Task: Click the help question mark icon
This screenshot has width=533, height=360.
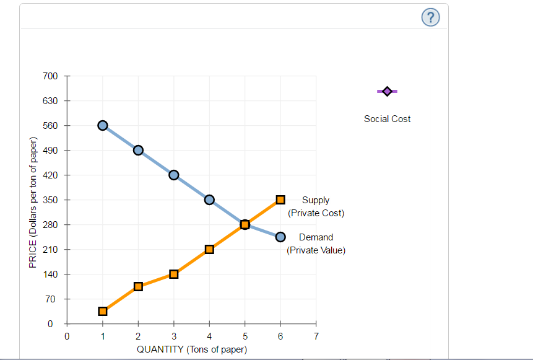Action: (x=431, y=19)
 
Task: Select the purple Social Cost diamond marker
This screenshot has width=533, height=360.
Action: (x=387, y=91)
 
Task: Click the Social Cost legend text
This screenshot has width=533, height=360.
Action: (x=387, y=119)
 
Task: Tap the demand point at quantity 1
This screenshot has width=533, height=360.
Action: (x=103, y=125)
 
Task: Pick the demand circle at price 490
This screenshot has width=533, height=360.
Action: (x=138, y=150)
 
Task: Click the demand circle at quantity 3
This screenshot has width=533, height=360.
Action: (x=174, y=175)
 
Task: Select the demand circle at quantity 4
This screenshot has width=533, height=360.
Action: (x=209, y=200)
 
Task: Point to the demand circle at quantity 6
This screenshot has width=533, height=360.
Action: (x=280, y=237)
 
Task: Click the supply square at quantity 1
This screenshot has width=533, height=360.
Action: (x=103, y=311)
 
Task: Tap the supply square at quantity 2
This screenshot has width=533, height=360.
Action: (x=138, y=286)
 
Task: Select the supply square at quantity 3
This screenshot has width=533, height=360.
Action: (x=174, y=274)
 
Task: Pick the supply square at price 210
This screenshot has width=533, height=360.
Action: (x=209, y=249)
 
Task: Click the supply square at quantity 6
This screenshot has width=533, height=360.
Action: (x=280, y=200)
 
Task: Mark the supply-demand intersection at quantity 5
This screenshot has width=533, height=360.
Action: (x=245, y=224)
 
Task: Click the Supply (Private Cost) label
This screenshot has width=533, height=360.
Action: (x=316, y=206)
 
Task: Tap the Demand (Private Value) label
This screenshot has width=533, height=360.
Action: (x=316, y=244)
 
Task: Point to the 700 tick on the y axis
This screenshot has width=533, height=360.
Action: (x=50, y=76)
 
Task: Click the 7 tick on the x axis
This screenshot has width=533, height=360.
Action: (x=316, y=336)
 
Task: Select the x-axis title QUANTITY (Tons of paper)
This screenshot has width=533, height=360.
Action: (x=192, y=349)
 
